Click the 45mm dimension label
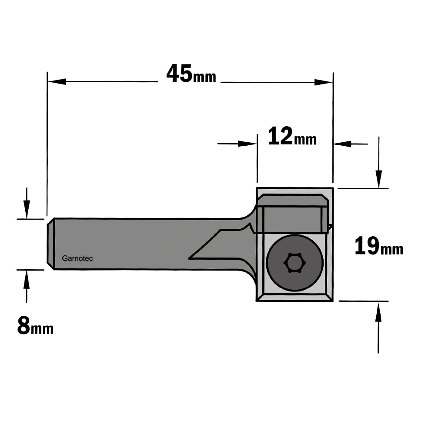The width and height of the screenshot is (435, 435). [x=191, y=74]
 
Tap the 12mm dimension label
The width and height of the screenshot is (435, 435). [x=292, y=136]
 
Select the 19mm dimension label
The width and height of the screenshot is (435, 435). [x=379, y=246]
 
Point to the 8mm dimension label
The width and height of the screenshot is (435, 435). [x=35, y=326]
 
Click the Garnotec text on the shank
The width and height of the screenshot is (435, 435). [x=77, y=258]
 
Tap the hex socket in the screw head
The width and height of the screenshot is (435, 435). [x=295, y=262]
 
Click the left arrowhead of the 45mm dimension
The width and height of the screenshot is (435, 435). [x=57, y=82]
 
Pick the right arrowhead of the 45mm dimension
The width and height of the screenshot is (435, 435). [x=324, y=82]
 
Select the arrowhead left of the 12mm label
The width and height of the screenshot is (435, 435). [x=248, y=144]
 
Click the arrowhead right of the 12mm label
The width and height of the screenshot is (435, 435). [x=343, y=144]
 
